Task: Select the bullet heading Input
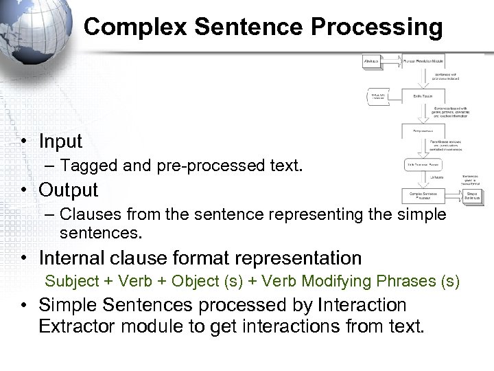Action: click(x=60, y=142)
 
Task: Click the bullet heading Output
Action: click(x=69, y=190)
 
